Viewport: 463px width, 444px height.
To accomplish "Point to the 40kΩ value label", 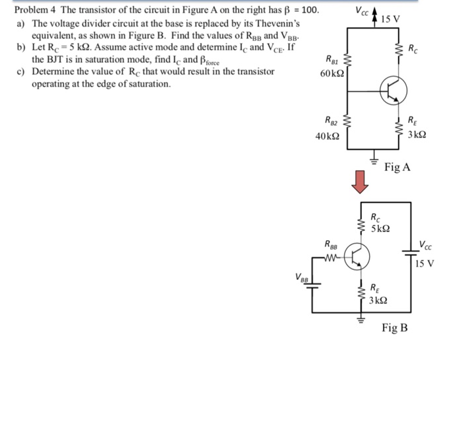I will click(328, 136).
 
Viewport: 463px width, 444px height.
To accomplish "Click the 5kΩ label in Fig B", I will click(380, 228).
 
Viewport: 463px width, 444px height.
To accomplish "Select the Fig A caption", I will click(397, 167).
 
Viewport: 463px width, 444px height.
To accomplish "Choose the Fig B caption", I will click(395, 328).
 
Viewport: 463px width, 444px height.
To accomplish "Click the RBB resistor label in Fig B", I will click(333, 244).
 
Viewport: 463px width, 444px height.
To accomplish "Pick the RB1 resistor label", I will click(331, 59).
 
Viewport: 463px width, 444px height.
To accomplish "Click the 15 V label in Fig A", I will click(391, 18).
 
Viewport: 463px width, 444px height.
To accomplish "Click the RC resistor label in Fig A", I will click(413, 48).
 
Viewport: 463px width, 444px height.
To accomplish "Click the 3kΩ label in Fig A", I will click(417, 134).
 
